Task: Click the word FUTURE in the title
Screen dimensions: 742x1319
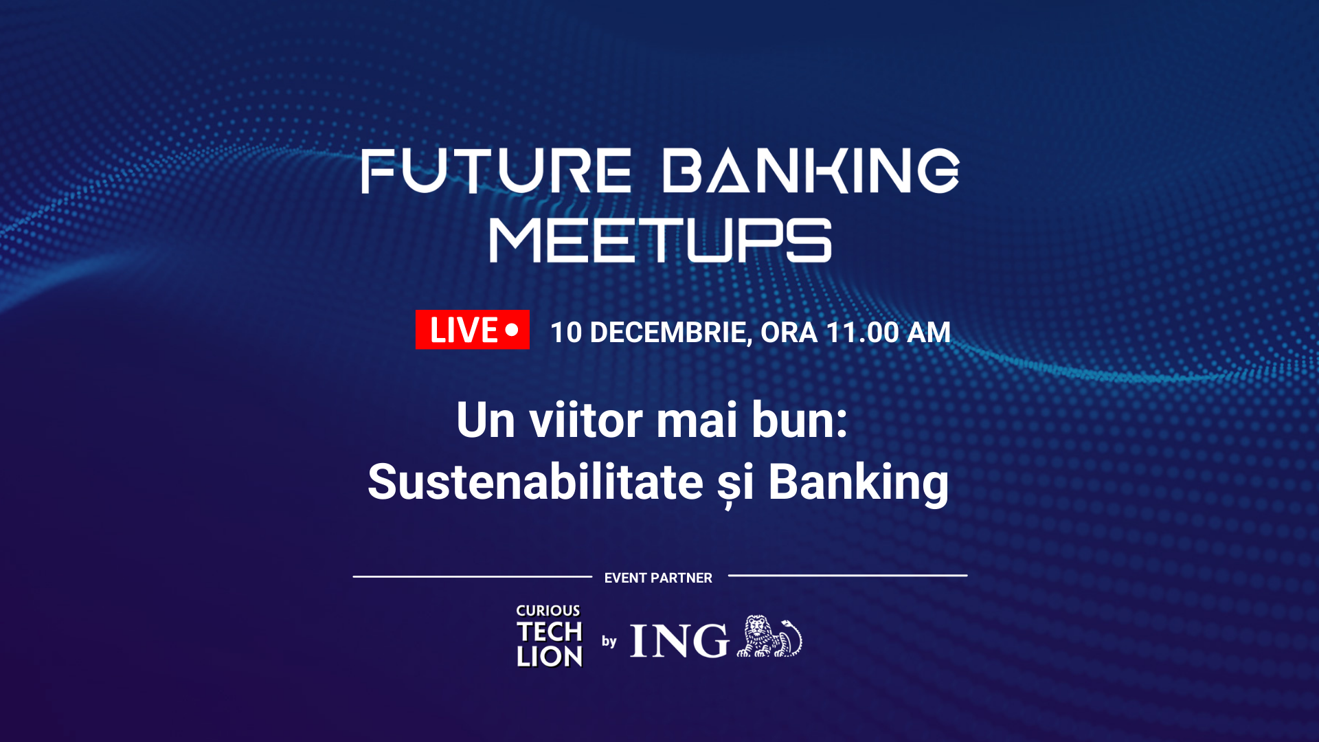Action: point(496,171)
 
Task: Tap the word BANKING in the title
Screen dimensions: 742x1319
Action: point(811,171)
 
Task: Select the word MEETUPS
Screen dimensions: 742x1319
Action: point(660,241)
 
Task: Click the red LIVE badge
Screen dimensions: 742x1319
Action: point(472,330)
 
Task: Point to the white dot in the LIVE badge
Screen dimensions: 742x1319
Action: point(512,330)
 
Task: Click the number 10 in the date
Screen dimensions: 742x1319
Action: point(566,333)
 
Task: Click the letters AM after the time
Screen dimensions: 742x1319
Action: point(929,333)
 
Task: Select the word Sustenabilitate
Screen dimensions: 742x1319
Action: point(535,482)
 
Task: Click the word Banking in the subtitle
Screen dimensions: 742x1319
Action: point(858,482)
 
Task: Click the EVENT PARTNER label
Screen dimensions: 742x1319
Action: point(658,578)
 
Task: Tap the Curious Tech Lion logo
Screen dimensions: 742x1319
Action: point(550,636)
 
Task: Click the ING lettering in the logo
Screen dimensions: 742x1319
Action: point(679,641)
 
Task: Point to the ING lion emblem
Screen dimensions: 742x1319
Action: point(769,637)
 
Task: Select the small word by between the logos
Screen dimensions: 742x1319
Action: point(609,642)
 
